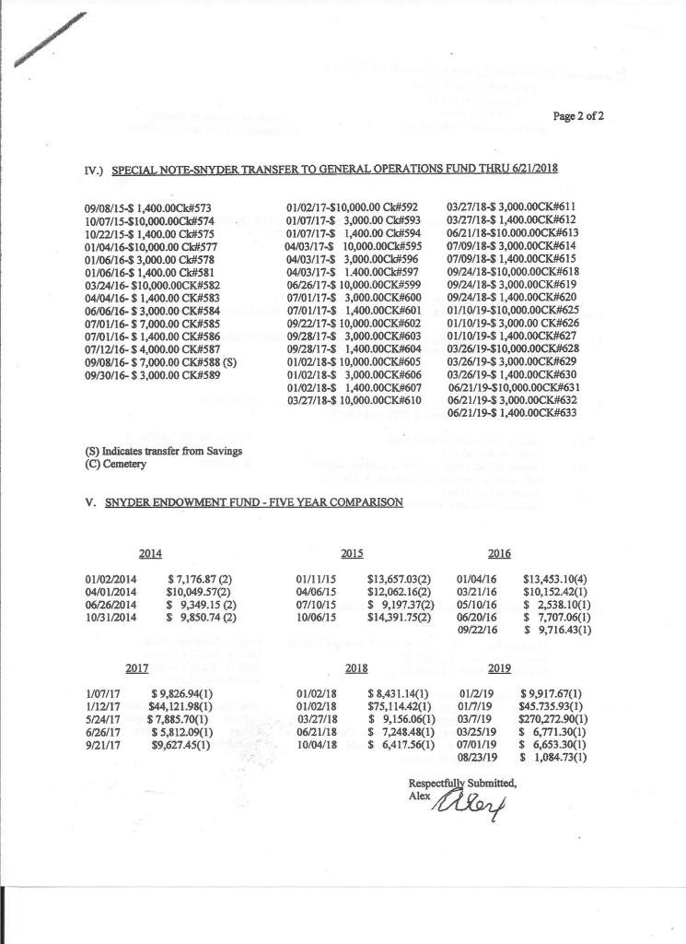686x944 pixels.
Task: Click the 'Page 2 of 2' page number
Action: click(x=577, y=116)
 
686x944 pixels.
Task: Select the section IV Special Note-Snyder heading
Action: click(x=320, y=170)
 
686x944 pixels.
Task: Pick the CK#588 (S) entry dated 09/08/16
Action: click(x=160, y=362)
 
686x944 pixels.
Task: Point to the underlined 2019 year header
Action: click(x=499, y=667)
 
